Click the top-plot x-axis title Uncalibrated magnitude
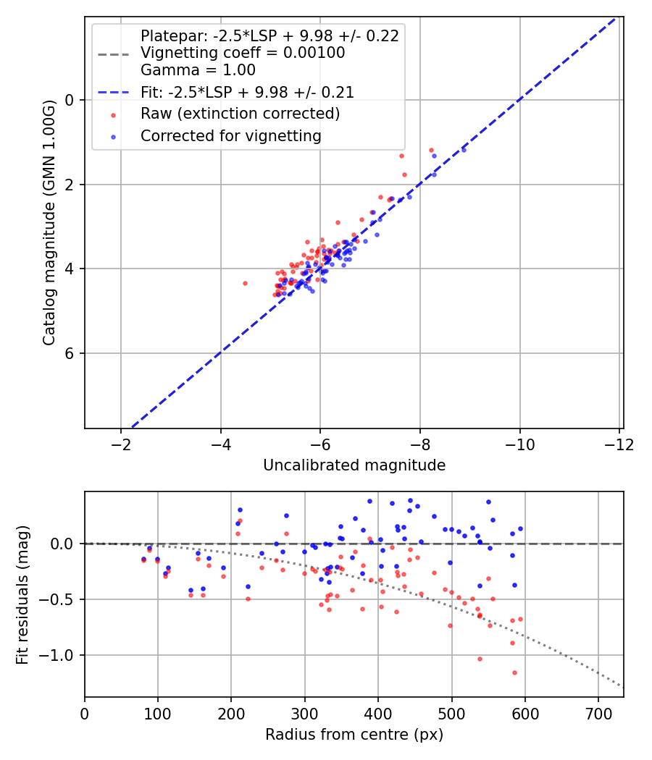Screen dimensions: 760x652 (354, 465)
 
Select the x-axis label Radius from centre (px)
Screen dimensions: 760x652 (354, 735)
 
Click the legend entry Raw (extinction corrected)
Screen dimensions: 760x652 (240, 114)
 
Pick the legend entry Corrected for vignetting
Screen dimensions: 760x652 (230, 135)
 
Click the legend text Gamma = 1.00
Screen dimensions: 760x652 (198, 71)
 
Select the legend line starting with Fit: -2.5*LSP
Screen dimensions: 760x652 (247, 92)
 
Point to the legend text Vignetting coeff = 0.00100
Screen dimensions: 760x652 (243, 53)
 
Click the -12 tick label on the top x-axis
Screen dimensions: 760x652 (619, 444)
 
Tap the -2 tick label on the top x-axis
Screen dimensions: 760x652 (121, 444)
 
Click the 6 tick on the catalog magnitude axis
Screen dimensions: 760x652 (70, 353)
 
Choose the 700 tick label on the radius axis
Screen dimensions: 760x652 (598, 713)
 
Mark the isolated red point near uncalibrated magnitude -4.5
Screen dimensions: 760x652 (245, 283)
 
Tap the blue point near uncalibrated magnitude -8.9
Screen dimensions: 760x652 (464, 150)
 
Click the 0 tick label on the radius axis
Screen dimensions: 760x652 (85, 713)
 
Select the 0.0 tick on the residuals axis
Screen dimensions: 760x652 (64, 544)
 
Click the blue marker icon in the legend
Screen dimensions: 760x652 (112, 135)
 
